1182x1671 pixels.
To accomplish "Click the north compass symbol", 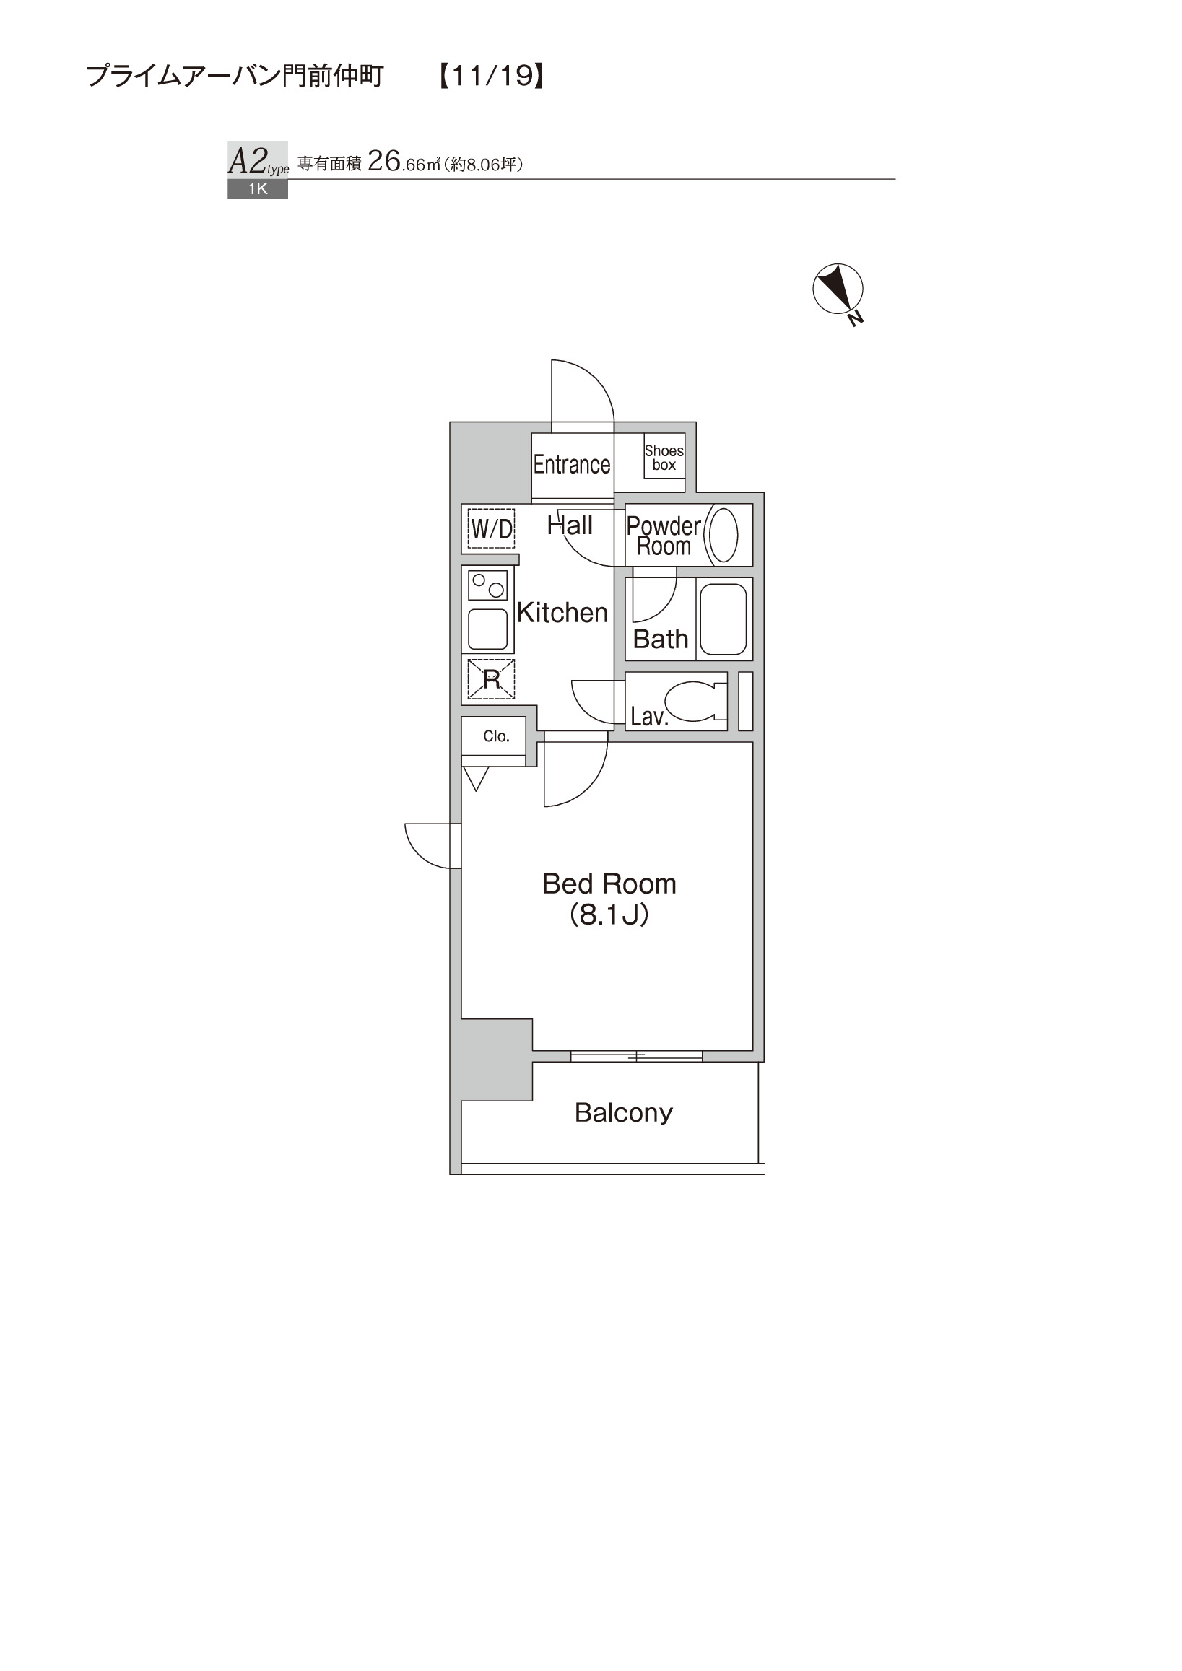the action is [838, 289].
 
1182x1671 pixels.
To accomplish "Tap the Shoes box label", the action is [664, 458].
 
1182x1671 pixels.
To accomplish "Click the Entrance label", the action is [571, 464].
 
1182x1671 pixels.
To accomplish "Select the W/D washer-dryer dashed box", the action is [491, 528].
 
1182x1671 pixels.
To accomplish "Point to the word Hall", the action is [570, 525].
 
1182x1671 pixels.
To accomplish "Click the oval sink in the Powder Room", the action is [723, 535].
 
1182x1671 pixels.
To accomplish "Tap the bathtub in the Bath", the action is [723, 619].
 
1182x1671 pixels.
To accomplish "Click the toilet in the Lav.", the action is [696, 701].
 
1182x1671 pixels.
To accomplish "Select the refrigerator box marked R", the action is [491, 679].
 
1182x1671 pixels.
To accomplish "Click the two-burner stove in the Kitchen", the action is [487, 586].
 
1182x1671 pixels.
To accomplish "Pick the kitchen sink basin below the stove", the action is [487, 629].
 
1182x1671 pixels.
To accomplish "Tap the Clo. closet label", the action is [496, 736].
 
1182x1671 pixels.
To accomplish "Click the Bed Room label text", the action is [609, 884].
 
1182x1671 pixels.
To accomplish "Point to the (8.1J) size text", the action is [609, 914].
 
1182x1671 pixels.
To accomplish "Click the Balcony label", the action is [624, 1112].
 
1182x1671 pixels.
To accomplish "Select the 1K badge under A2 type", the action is [258, 189].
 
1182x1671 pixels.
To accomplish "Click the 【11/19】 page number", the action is [491, 76].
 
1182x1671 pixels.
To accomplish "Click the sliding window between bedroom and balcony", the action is [636, 1056].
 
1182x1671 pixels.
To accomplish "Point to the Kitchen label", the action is [562, 613].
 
